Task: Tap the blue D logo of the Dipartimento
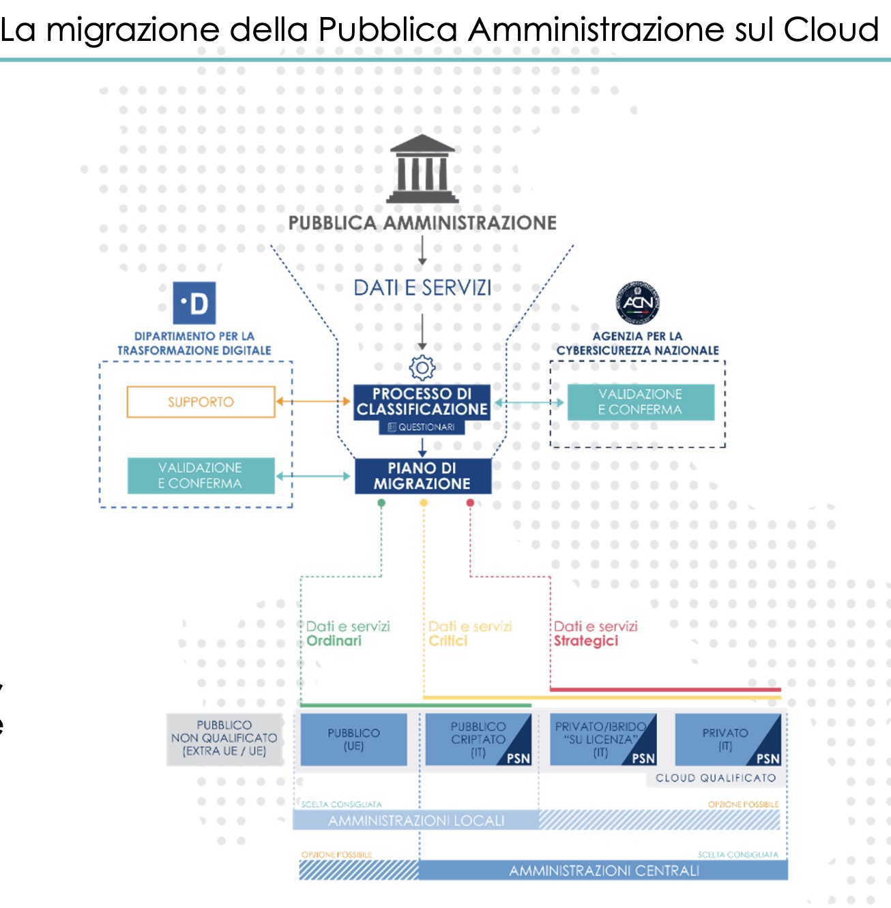pyautogui.click(x=194, y=303)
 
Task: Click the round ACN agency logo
pyautogui.click(x=637, y=302)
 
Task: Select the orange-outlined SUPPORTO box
pyautogui.click(x=201, y=402)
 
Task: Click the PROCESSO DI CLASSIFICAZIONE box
pyautogui.click(x=422, y=401)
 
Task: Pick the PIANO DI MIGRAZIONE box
pyautogui.click(x=422, y=476)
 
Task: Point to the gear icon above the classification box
pyautogui.click(x=422, y=367)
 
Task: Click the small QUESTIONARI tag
pyautogui.click(x=422, y=427)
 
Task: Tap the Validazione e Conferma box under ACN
pyautogui.click(x=641, y=402)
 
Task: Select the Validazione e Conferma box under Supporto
pyautogui.click(x=201, y=475)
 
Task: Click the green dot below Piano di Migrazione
pyautogui.click(x=381, y=503)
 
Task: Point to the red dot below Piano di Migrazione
pyautogui.click(x=470, y=503)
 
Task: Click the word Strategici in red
pyautogui.click(x=586, y=641)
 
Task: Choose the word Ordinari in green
pyautogui.click(x=334, y=641)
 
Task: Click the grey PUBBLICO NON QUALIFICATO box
pyautogui.click(x=224, y=739)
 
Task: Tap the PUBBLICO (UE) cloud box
pyautogui.click(x=353, y=739)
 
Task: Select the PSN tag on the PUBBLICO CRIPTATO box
pyautogui.click(x=518, y=758)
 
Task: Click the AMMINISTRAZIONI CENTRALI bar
pyautogui.click(x=604, y=871)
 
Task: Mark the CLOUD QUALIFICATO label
pyautogui.click(x=716, y=778)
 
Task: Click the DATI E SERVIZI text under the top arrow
pyautogui.click(x=422, y=288)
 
